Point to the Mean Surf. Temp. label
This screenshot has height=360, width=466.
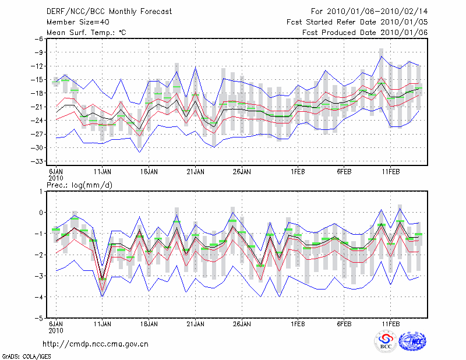coord(86,32)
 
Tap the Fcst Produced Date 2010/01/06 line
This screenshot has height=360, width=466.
coord(365,32)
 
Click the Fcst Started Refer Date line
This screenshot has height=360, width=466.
coord(357,22)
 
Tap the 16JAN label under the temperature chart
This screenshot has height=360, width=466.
coord(149,172)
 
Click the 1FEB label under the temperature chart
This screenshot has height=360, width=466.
coord(298,172)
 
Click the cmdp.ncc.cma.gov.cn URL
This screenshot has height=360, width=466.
coord(96,344)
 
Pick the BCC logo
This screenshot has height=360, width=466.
coord(386,343)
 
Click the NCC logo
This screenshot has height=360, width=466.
coord(413,342)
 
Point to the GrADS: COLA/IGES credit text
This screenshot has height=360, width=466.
coord(24,355)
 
